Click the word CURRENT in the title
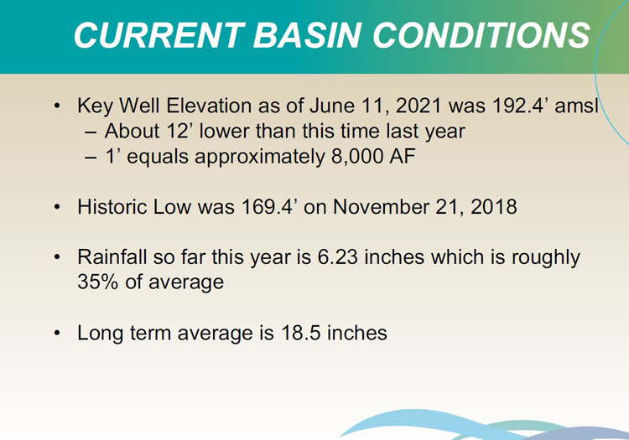point(159,35)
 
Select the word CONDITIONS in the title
point(481,35)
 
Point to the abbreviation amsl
point(576,106)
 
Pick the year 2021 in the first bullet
point(418,106)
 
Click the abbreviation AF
point(403,156)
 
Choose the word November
point(381,207)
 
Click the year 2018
point(494,207)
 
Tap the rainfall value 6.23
point(337,256)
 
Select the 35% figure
point(98,282)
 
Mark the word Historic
point(113,207)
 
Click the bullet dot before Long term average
point(57,333)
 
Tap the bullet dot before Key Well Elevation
point(57,106)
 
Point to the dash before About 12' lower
point(91,132)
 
